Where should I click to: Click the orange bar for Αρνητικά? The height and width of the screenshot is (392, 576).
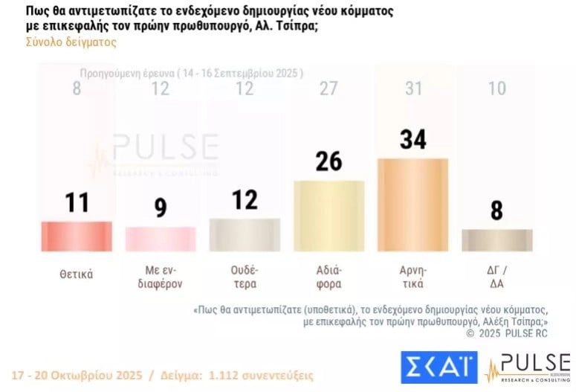(412, 205)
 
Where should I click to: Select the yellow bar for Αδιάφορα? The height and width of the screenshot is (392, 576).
(329, 216)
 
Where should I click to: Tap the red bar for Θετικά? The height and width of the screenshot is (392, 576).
(77, 236)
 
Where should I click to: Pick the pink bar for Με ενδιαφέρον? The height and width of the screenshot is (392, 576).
(161, 239)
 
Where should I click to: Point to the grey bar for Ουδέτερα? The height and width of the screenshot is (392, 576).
(245, 234)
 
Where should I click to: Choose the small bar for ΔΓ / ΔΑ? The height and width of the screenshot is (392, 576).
(496, 240)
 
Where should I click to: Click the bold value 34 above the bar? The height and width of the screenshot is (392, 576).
(412, 139)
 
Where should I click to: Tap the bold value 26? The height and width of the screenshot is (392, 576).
(329, 161)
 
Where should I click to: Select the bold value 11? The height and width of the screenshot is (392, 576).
(77, 202)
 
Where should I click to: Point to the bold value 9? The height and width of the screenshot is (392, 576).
(161, 208)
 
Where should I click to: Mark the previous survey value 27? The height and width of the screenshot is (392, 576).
(329, 89)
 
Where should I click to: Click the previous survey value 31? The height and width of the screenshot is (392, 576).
(412, 89)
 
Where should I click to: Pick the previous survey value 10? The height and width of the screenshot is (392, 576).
(496, 89)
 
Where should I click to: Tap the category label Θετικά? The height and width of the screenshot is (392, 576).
(77, 274)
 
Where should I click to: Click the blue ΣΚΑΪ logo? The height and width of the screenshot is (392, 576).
(439, 367)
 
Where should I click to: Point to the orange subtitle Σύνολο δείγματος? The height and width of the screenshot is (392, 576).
(71, 42)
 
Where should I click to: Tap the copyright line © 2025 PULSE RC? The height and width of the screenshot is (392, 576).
(507, 334)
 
